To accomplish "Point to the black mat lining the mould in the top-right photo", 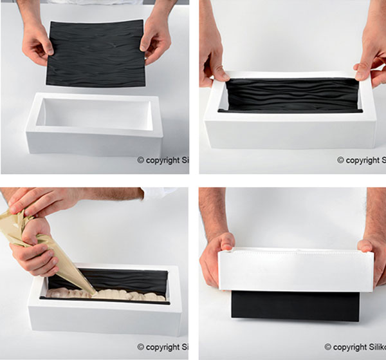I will coord(293,94).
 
